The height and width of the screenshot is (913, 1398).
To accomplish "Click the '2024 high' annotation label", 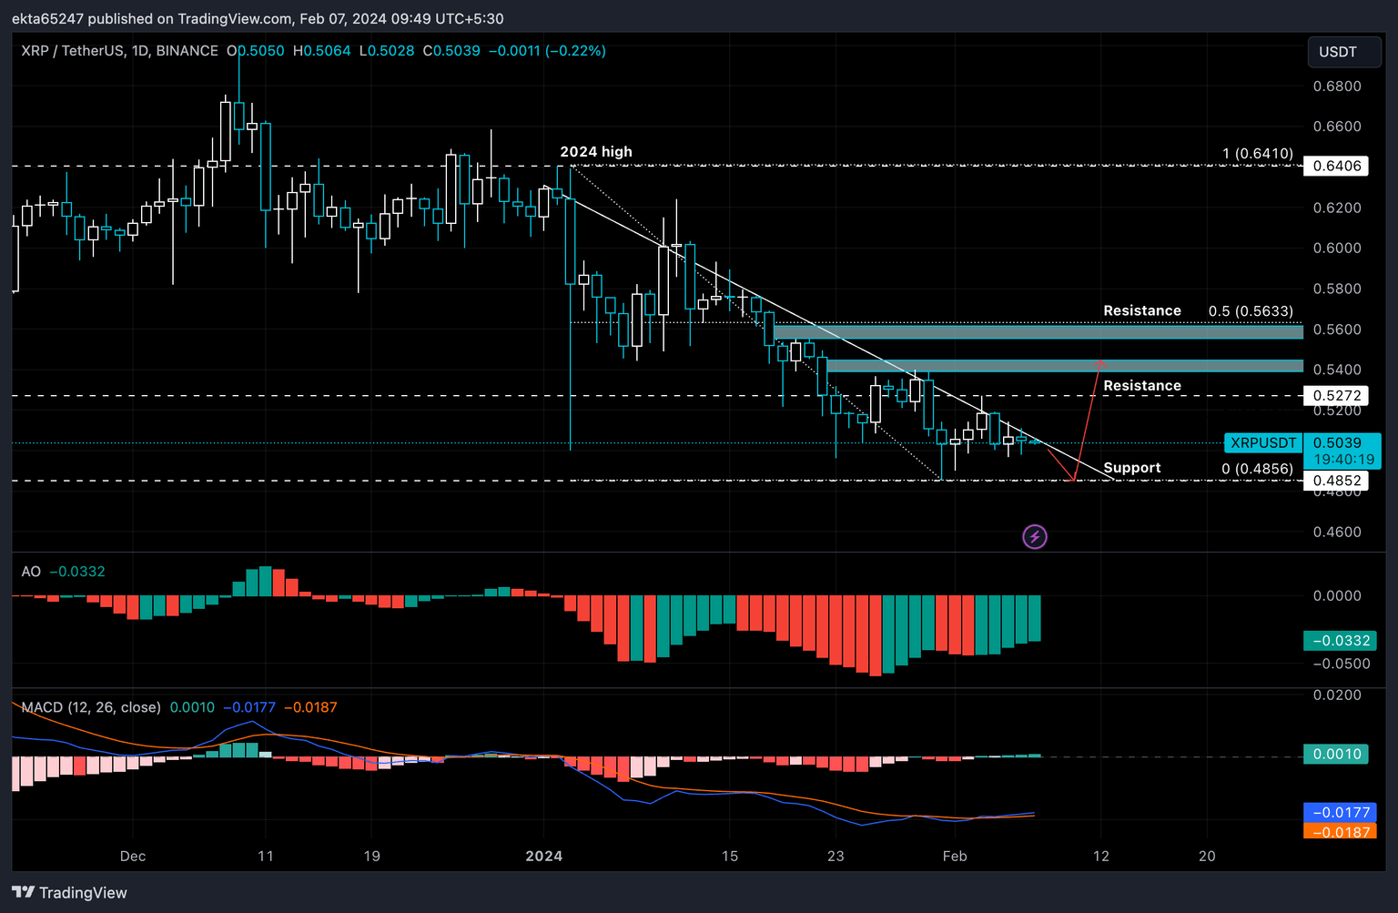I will (595, 152).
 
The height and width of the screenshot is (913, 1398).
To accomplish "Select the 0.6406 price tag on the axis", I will (1336, 166).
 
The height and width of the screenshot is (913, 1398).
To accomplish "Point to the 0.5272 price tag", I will (1336, 396).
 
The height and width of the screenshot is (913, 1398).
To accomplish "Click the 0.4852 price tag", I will (1336, 481).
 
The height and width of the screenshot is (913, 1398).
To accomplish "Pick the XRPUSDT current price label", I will (1262, 443).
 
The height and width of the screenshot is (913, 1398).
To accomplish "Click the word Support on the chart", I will (1131, 468).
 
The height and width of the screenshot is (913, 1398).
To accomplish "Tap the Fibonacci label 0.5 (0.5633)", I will (1250, 311).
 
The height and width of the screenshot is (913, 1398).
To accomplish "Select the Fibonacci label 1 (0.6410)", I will (1257, 154).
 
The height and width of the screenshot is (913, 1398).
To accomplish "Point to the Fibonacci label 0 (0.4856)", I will (1256, 469).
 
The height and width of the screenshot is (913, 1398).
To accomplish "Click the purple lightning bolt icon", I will (1035, 537).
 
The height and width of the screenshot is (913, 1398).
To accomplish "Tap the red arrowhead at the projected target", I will (1099, 363).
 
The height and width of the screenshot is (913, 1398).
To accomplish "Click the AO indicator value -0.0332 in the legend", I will (77, 572).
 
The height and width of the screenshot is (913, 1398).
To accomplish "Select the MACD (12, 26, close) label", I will (91, 707).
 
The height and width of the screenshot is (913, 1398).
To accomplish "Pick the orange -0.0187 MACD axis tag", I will (1336, 832).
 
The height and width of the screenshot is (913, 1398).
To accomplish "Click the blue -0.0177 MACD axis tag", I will (1336, 812).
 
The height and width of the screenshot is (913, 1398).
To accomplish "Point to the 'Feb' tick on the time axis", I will (955, 856).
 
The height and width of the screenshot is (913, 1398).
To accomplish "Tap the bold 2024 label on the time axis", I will (544, 856).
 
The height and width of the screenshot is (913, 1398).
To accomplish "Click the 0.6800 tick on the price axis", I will (1336, 86).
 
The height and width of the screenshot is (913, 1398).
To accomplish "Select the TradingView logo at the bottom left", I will (70, 892).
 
